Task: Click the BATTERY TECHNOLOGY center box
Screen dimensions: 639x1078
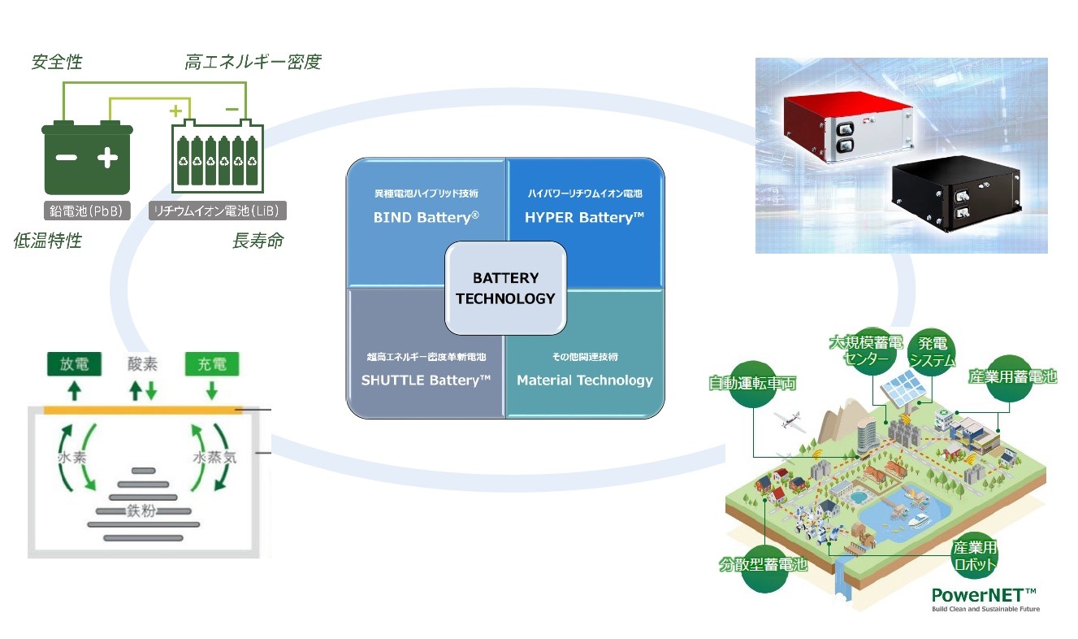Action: [x=504, y=288]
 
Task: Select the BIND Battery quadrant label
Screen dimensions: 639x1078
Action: [x=426, y=218]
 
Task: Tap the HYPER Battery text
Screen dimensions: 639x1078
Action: [x=584, y=218]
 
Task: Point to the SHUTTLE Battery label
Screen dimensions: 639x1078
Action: [x=426, y=380]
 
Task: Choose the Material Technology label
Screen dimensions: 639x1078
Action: [x=584, y=380]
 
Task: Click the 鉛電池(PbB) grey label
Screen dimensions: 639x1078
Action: [x=86, y=211]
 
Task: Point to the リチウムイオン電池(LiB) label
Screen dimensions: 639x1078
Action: [x=218, y=211]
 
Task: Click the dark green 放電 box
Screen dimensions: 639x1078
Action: [x=74, y=364]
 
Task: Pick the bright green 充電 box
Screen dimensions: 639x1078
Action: [x=212, y=364]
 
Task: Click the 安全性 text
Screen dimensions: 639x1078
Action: [x=57, y=63]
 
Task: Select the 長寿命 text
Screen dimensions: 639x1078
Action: [x=258, y=241]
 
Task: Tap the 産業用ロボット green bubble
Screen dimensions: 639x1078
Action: [x=973, y=557]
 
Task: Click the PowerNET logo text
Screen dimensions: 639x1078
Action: [x=984, y=593]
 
